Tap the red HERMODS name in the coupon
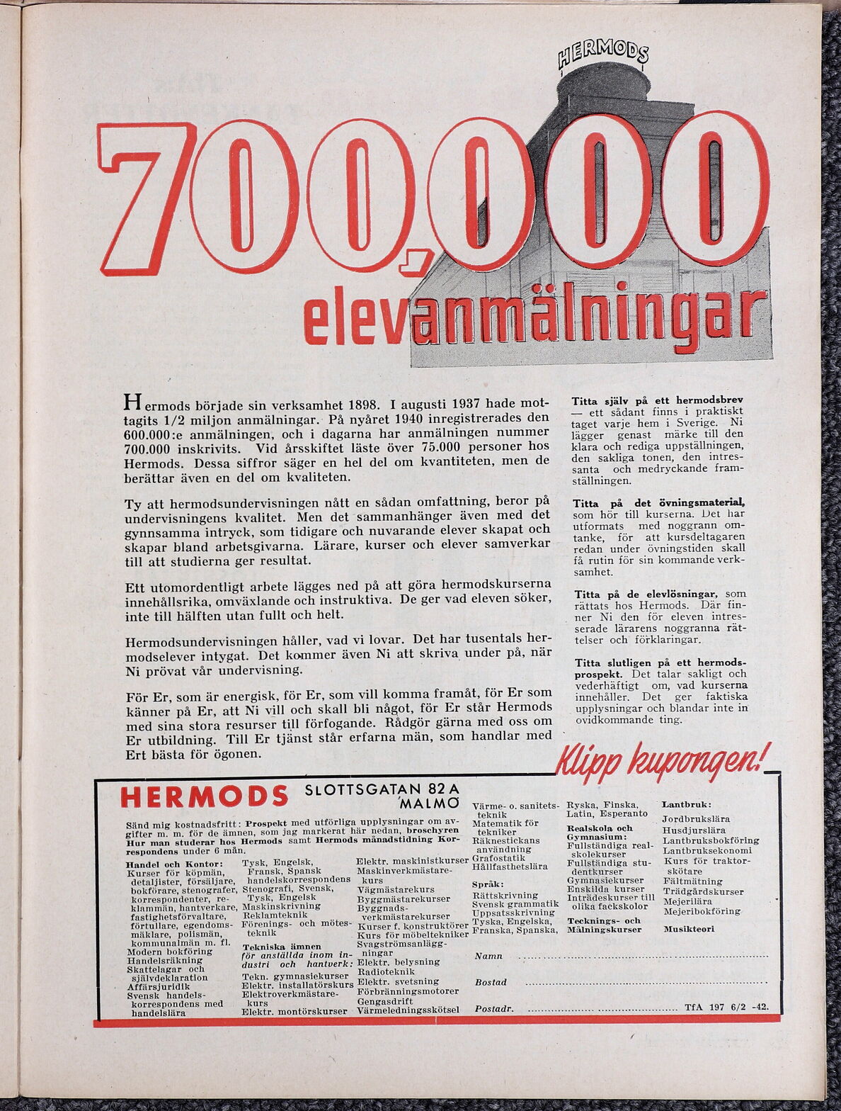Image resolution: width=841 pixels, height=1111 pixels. [x=205, y=796]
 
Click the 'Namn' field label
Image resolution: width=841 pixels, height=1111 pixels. [x=488, y=956]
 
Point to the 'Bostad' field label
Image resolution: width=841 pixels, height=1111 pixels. [x=491, y=982]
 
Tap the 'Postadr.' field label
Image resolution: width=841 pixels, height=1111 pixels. [x=494, y=1008]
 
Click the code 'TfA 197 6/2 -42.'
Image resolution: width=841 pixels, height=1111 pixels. [x=726, y=1006]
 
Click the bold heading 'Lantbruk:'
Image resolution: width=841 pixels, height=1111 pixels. [x=686, y=805]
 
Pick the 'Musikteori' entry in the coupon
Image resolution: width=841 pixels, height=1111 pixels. [x=689, y=928]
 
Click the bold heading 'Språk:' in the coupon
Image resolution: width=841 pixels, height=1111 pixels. [x=488, y=884]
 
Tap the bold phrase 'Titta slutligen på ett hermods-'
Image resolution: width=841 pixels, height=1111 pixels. [x=659, y=662]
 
